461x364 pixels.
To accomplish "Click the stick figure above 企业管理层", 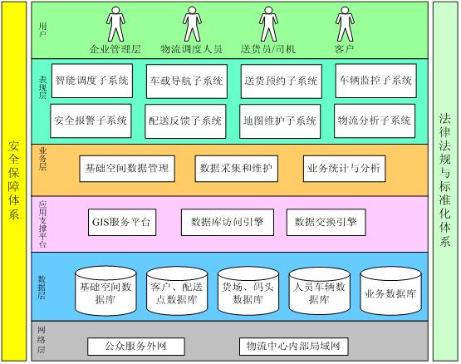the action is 115,24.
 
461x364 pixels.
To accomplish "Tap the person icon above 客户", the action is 345,24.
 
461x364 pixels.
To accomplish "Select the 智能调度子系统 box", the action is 92,81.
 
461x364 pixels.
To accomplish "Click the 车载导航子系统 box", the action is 187,81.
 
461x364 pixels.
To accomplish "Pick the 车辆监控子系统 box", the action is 375,81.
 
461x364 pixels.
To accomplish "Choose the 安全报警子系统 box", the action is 91,121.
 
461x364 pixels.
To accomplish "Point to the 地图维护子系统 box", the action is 280,121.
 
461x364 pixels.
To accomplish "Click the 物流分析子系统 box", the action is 375,121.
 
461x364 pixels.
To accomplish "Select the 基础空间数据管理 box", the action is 127,169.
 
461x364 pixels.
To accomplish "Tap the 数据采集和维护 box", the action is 237,169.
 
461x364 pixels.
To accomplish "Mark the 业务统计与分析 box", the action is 344,169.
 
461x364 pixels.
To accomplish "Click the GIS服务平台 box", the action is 122,222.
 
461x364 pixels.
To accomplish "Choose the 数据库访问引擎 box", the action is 228,222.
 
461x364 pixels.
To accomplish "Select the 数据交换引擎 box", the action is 326,222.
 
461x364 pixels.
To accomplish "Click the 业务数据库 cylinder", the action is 390,291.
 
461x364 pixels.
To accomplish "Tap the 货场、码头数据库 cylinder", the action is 248,291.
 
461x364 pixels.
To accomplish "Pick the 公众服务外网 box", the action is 136,347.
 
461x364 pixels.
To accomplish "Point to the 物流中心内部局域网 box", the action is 293,347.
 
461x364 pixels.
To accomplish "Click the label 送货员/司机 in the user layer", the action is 267,49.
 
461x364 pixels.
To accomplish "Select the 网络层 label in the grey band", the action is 42,340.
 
